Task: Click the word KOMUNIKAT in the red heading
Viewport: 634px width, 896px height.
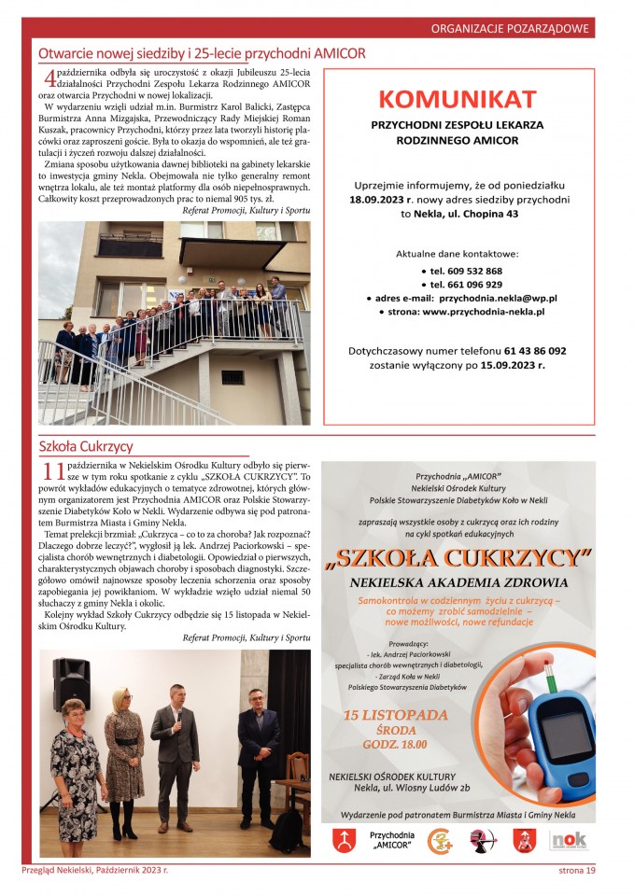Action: pos(458,99)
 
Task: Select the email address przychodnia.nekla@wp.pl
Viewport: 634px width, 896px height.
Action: pos(498,298)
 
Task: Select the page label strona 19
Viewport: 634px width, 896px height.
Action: pos(571,871)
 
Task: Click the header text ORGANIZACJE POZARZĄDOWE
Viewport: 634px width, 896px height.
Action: pos(511,29)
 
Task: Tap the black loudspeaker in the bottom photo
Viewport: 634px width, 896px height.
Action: pos(71,680)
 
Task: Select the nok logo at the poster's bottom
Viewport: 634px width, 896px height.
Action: pos(568,840)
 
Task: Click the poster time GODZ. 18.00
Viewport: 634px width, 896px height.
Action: pos(395,745)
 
